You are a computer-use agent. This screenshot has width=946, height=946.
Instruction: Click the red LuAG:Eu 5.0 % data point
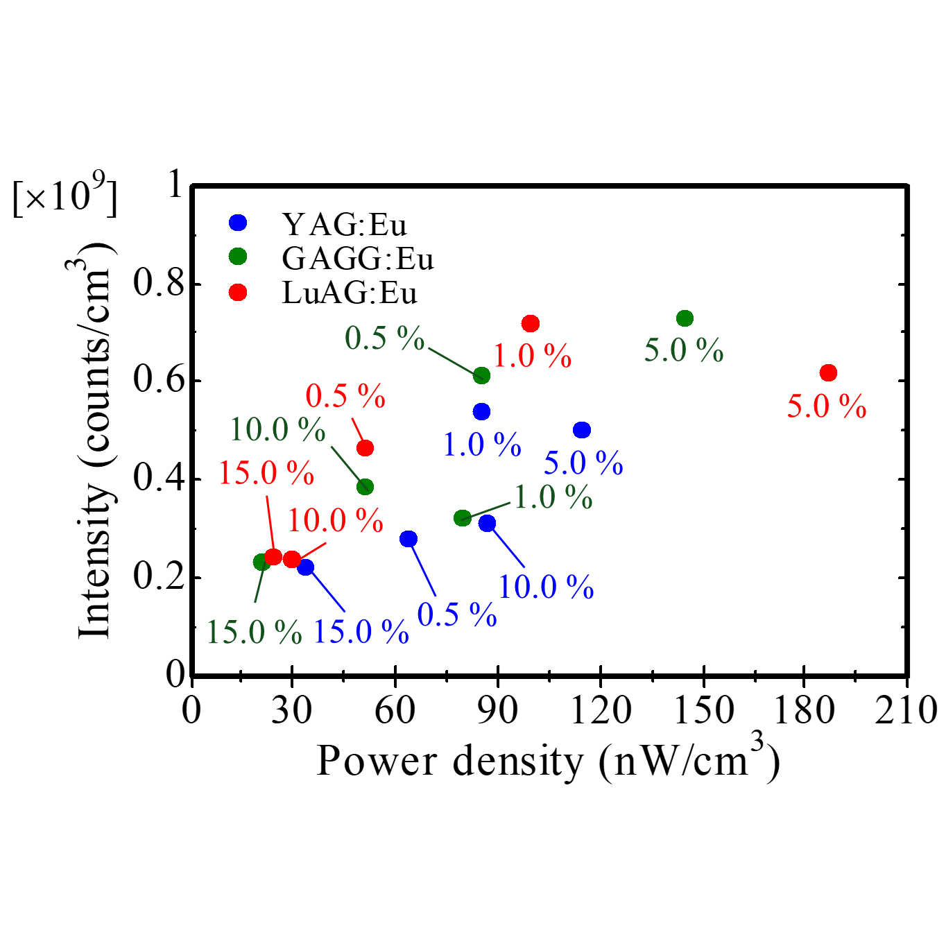(828, 372)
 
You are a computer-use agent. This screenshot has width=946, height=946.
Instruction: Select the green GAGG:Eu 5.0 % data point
(685, 318)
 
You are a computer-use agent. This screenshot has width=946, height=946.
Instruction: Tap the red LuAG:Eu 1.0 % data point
(531, 323)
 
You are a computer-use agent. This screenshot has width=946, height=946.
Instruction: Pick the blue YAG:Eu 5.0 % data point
(582, 430)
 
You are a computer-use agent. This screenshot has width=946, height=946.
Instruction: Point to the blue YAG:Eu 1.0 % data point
(481, 411)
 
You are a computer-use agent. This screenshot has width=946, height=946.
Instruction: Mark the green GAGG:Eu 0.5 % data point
(481, 376)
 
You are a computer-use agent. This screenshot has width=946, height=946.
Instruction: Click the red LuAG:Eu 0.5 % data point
(365, 448)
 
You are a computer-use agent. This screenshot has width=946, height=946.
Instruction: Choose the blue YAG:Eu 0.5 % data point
(409, 539)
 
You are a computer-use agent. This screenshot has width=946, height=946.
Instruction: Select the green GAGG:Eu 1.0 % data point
(462, 517)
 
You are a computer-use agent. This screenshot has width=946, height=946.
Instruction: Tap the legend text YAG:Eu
(344, 224)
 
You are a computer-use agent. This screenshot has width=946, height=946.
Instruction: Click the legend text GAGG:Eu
(357, 259)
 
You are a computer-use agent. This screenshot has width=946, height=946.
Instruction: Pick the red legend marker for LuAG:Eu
(238, 293)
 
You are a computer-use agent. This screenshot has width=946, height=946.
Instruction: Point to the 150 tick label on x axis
(703, 709)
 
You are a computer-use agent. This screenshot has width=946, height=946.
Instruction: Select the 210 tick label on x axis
(906, 709)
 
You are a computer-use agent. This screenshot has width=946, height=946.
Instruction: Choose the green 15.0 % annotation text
(255, 632)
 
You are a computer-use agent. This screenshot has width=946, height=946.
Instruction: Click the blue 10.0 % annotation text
(547, 587)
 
